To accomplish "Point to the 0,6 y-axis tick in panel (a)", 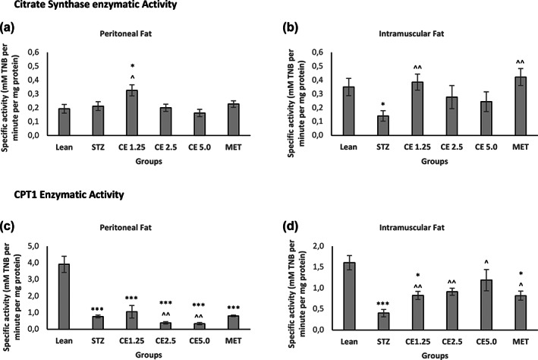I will [x=35, y=52].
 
